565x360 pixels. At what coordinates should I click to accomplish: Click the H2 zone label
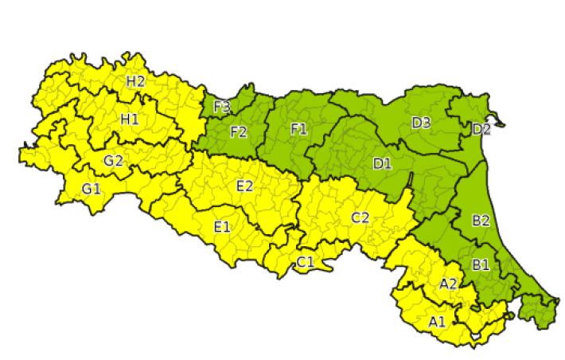point(135,80)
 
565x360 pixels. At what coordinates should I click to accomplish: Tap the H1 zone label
point(130,119)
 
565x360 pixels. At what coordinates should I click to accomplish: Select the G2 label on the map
point(113,160)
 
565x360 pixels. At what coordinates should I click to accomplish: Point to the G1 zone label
point(92,189)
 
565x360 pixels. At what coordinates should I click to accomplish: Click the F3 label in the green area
point(222,106)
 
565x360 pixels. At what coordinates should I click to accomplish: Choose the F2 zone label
point(238,131)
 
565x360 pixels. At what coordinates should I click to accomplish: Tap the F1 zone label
point(298,130)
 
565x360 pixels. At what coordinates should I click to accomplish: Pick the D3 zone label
point(421,122)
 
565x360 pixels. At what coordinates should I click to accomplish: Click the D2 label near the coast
point(481,129)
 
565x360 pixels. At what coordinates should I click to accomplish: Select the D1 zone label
point(383,164)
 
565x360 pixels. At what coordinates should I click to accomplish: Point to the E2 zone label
point(244,186)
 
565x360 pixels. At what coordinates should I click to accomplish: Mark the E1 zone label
point(222,227)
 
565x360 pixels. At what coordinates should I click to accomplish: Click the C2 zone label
point(360,217)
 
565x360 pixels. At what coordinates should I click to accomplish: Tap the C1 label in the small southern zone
point(306,262)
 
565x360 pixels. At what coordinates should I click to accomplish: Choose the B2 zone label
point(481,221)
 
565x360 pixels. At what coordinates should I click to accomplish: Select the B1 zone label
point(481,264)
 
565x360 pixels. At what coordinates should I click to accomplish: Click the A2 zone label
point(448,283)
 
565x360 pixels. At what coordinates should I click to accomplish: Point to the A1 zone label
point(437,322)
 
